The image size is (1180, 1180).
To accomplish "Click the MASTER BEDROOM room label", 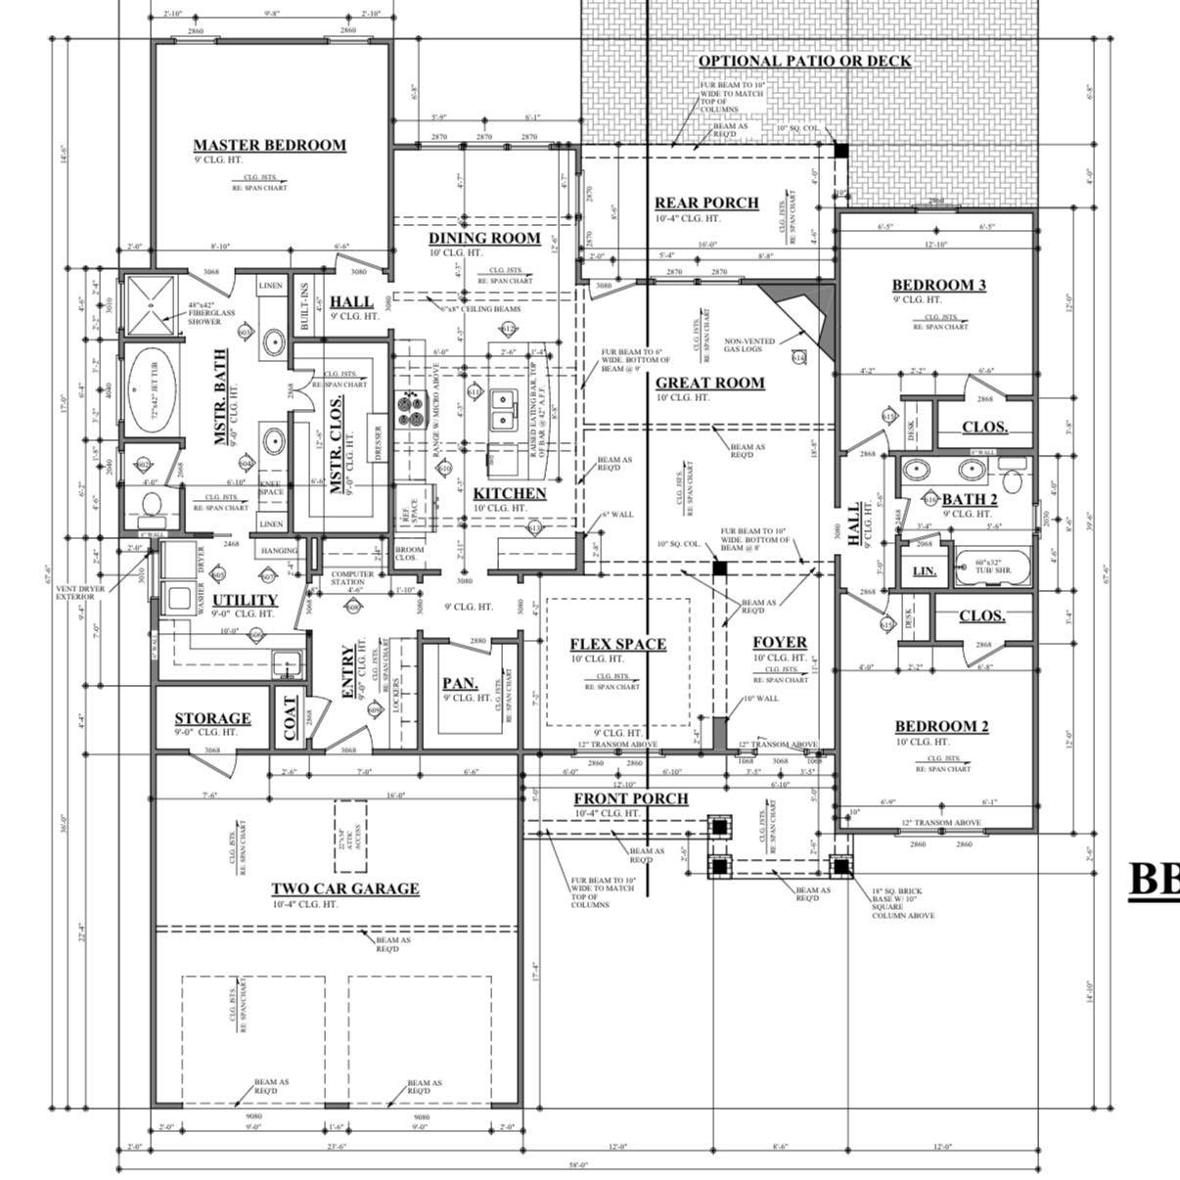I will [x=269, y=145].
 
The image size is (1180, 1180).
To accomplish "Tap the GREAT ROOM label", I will [x=709, y=383].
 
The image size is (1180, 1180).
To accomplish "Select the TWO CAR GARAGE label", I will [x=344, y=888].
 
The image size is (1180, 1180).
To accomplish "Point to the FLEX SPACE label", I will [x=617, y=644].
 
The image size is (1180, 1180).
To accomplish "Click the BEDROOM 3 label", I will [x=938, y=285].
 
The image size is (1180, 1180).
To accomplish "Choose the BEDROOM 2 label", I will [x=941, y=726].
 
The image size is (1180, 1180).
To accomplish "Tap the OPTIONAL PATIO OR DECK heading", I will [x=804, y=61].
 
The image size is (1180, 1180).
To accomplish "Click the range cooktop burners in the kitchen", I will [x=408, y=409].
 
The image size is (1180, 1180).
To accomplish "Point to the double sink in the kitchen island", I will [x=505, y=410].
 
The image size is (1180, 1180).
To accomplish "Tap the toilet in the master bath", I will [x=151, y=506].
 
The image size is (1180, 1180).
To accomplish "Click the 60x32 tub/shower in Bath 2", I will [x=991, y=567].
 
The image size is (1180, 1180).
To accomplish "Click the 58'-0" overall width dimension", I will [x=577, y=1164].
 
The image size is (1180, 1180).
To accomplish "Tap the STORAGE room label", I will [x=212, y=718].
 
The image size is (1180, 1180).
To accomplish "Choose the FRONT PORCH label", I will [x=630, y=798].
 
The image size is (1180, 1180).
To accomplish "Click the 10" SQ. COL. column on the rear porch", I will [x=840, y=150].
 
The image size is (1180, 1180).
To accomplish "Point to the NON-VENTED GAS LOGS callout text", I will [x=749, y=344].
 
